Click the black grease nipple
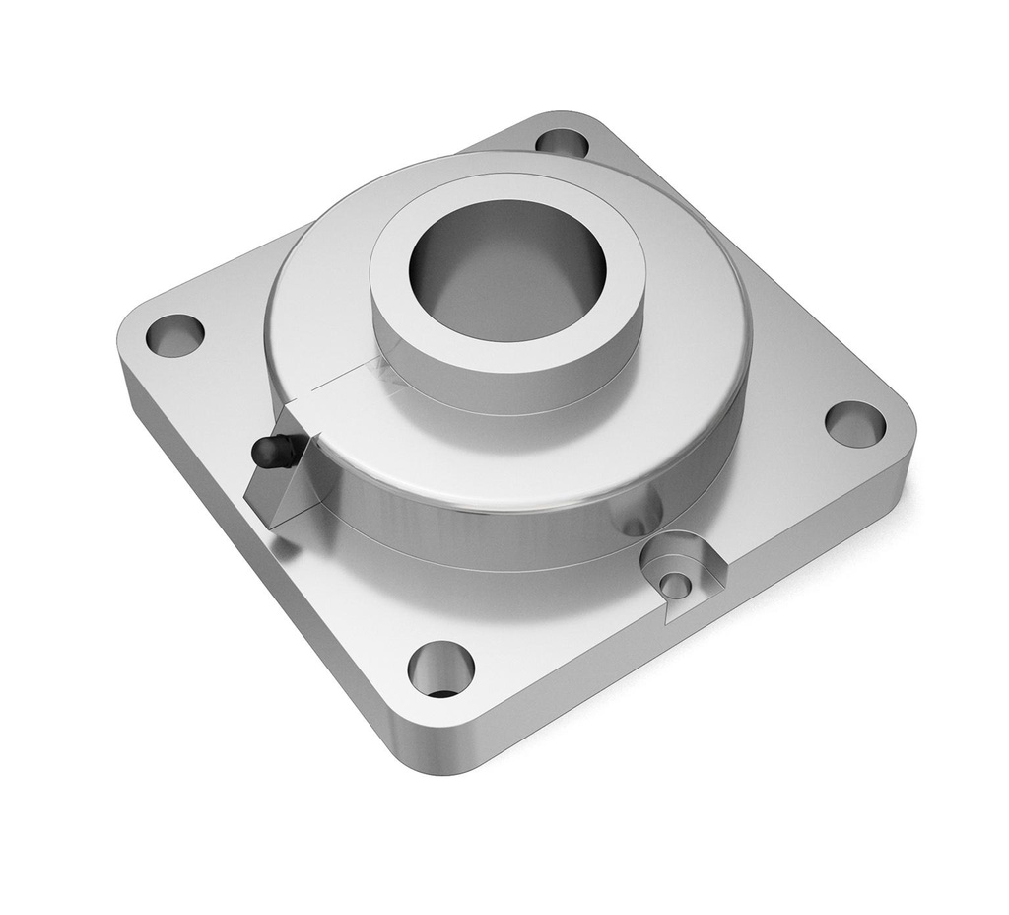pos(268,452)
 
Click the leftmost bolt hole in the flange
pos(174,334)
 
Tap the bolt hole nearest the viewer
pos(440,669)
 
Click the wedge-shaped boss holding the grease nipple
pos(281,493)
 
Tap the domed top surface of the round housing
pos(690,325)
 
